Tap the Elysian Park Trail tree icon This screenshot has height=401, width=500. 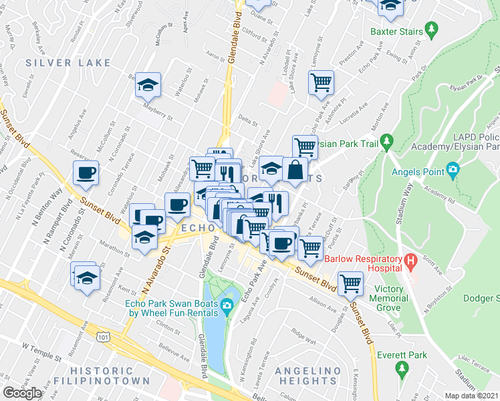pos(386,142)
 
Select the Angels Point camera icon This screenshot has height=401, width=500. pos(453,171)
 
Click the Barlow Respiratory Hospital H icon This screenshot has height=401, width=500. pos(410,259)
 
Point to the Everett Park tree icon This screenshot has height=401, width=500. pos(402,367)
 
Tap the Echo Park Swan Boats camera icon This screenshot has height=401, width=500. pos(227,307)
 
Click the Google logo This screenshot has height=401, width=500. pos(22,393)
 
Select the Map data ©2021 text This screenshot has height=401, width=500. pos(472,396)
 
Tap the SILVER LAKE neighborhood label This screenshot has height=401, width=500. pos(68,63)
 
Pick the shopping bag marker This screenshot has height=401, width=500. pos(295,170)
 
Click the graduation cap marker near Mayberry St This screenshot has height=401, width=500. pos(148,84)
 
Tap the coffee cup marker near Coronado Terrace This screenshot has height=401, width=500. pos(86,173)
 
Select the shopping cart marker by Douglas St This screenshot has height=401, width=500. pos(350,283)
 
